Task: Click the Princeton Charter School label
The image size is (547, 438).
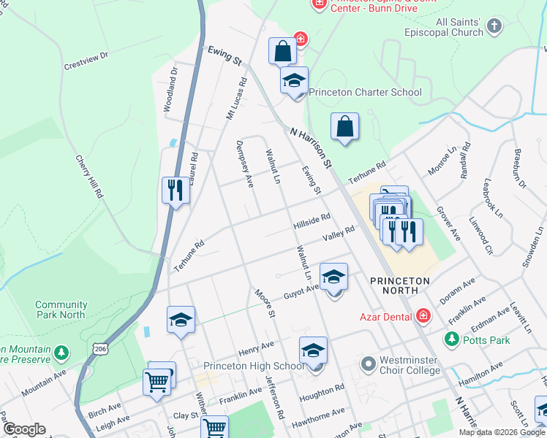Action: pos(365,92)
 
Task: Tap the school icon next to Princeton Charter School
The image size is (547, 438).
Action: pos(294,80)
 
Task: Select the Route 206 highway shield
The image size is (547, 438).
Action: pos(100,350)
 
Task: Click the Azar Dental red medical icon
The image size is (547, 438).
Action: pos(422,316)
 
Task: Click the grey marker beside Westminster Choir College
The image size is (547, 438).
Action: pos(368,363)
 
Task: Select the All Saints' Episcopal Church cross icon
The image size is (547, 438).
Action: pos(494,28)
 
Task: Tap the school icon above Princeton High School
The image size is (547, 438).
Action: pos(313,350)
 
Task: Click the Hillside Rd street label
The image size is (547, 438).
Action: pos(312,220)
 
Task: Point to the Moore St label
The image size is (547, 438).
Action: pos(264,303)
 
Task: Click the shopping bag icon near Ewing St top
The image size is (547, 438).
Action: pos(282,51)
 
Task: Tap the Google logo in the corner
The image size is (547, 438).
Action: pos(23,429)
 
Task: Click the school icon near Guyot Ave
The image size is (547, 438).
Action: pos(333,277)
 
